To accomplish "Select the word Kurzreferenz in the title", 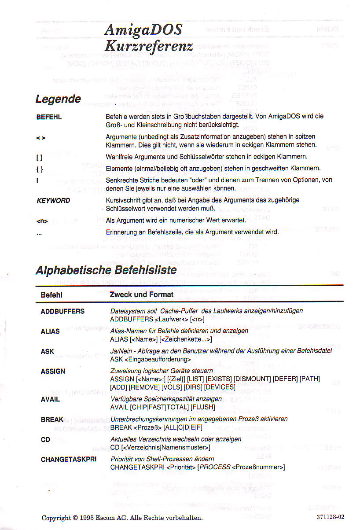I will coord(149,45).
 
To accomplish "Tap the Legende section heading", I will coord(58,99).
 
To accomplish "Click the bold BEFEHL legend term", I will coord(49,118).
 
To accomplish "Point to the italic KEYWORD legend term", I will coord(53,200).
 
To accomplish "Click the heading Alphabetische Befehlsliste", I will coord(106,270).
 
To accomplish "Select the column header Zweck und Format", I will coord(141,294).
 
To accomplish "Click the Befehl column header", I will coord(51,295).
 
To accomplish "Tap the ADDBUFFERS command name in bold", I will coord(62,311).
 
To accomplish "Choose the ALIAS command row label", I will coord(50,331).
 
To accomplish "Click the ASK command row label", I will coord(47,351).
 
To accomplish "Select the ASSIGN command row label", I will coord(53,371).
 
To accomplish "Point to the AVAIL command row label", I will coord(50,399).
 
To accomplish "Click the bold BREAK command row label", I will coord(52,420).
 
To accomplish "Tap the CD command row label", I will coord(45,439).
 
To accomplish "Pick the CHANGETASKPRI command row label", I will coord(68,459).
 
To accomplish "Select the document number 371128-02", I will coord(330,517).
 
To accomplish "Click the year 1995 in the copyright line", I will coord(88,518).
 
